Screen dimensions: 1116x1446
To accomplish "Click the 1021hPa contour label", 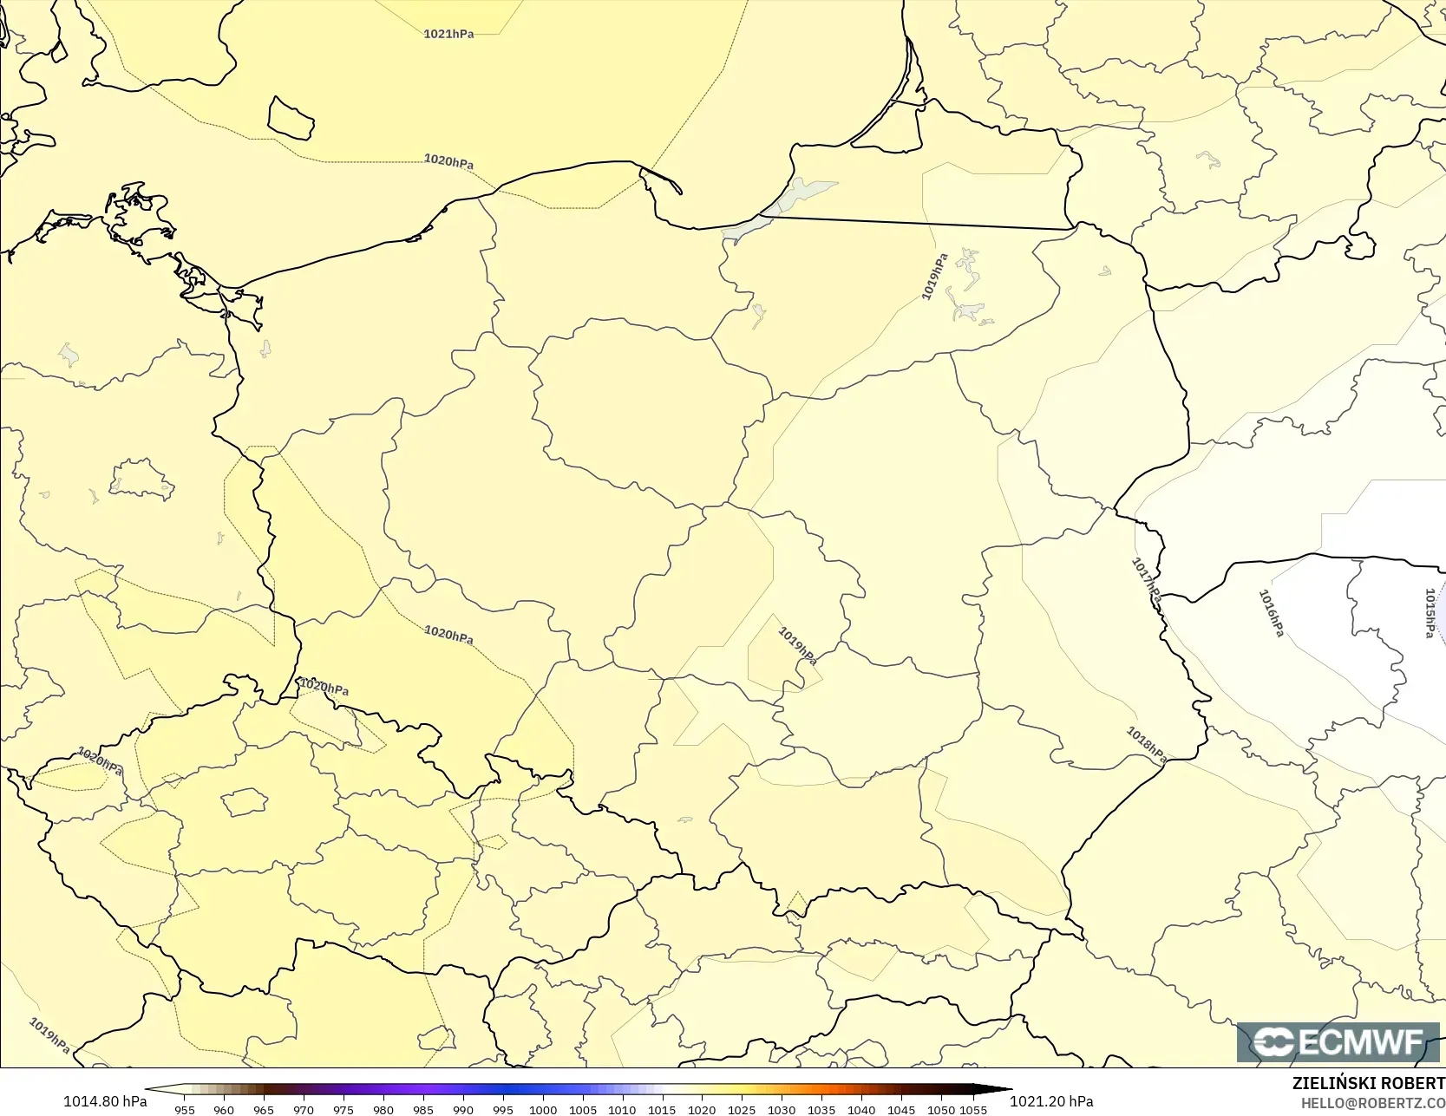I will (448, 35).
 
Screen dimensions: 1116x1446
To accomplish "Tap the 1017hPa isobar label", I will (1146, 580).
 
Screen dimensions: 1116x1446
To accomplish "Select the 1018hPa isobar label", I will (1146, 745).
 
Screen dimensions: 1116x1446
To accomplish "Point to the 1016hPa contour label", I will (1271, 612).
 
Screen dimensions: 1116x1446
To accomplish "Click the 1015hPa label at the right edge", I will (1430, 613).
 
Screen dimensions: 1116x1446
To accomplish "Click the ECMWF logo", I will (1338, 1042).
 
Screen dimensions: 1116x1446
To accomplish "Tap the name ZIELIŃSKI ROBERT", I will (1368, 1084).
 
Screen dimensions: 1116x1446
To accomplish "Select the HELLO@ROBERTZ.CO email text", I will (1372, 1103).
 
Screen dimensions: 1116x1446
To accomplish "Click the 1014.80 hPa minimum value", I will (105, 1102).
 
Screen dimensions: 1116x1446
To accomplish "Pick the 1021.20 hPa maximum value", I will (1051, 1102).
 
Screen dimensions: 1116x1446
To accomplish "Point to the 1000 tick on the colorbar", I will (543, 1110).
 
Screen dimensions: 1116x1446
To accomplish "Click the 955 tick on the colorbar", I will (185, 1110).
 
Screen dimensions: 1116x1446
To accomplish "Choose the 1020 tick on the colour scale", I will (702, 1110).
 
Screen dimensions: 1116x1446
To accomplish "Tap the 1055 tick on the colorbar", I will (973, 1110).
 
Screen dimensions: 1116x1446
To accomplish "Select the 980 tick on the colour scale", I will (383, 1110).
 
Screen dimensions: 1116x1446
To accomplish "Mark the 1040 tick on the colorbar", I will (861, 1110).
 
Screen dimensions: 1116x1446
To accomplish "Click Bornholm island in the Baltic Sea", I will (291, 119).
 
